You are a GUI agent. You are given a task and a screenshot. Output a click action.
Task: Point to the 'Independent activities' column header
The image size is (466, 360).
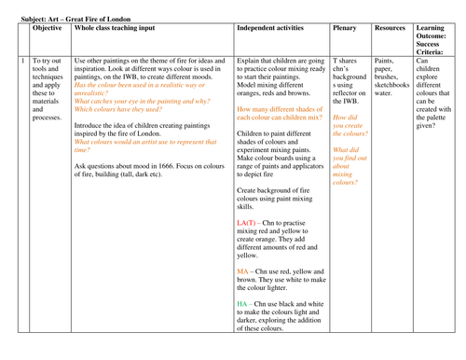pos(275,29)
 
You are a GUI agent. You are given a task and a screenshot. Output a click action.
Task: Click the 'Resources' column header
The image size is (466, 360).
pos(390,29)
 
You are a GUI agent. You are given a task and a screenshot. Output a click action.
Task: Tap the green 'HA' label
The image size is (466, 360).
pos(243,305)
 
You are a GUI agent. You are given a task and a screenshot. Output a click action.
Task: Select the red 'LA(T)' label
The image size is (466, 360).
pos(249,224)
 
